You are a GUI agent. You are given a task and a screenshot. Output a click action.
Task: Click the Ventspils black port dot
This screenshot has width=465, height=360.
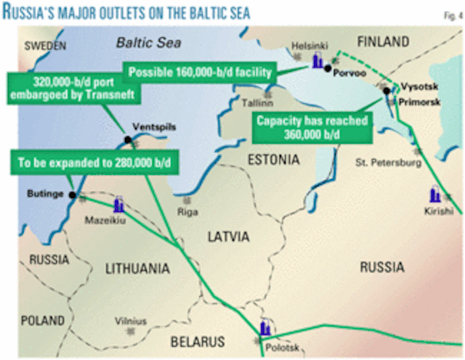[128, 139]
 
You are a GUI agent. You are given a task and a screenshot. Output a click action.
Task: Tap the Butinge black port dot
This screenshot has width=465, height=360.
[72, 195]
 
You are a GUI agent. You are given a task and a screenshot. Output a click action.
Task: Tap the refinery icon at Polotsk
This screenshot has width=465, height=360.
[266, 327]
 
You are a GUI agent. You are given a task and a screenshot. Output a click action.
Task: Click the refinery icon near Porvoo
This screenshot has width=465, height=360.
[317, 62]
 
